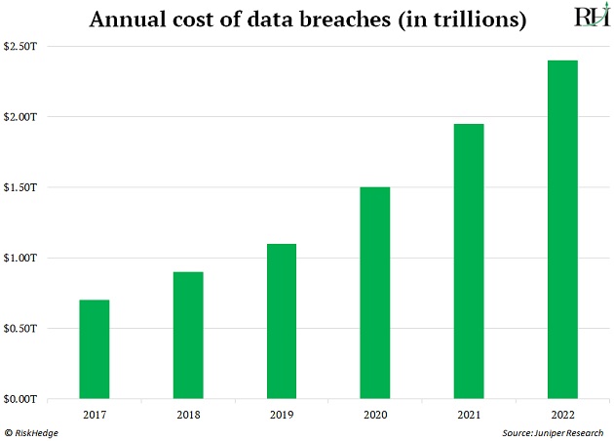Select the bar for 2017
tap(95, 348)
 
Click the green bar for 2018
tap(188, 335)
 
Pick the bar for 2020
tap(375, 292)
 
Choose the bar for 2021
tap(469, 261)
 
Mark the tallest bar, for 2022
tap(562, 229)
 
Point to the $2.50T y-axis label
tap(21, 46)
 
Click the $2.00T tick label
tap(21, 117)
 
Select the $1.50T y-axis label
tap(21, 187)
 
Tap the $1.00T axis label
tap(21, 258)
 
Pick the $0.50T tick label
tap(21, 328)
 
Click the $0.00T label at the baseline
tap(21, 399)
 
